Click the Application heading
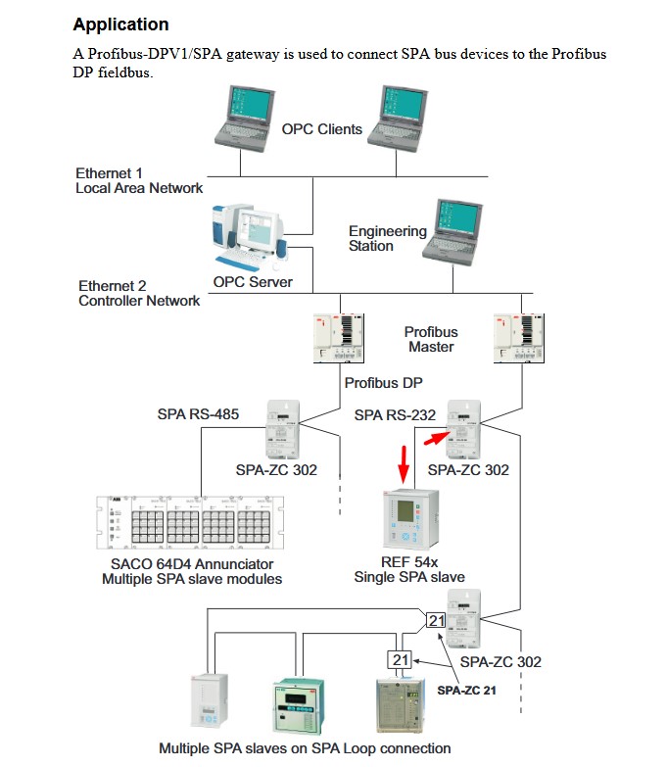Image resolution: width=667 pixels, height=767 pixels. tap(121, 24)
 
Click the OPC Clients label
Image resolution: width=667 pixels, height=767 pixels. tap(321, 129)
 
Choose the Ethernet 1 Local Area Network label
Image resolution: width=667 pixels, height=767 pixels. tap(138, 180)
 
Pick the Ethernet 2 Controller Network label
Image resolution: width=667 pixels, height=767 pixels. tap(139, 293)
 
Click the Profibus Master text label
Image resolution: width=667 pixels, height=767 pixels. tap(431, 339)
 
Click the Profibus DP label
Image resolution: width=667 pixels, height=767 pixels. tap(384, 383)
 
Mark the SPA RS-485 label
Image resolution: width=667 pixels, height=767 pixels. tap(198, 414)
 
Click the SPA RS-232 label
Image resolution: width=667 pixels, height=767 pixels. tap(395, 415)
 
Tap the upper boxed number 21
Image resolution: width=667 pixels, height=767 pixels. tap(436, 619)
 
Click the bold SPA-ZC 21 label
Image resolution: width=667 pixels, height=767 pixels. tap(466, 690)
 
